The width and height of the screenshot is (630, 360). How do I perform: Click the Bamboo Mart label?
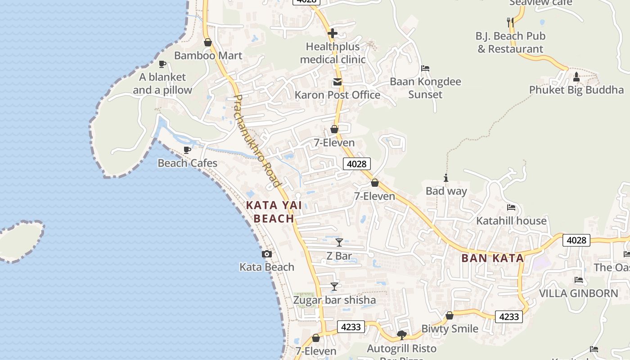(208, 56)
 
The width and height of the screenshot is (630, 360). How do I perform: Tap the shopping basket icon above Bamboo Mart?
(208, 43)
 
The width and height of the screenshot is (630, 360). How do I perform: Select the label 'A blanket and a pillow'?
(162, 84)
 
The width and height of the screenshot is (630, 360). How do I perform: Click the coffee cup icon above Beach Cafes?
(187, 150)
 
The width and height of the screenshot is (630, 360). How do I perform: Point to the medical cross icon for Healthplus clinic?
(333, 33)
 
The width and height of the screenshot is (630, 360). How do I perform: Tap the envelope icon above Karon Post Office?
(337, 82)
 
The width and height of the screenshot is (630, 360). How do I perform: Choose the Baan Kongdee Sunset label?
(425, 88)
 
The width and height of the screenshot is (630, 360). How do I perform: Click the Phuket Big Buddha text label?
(576, 90)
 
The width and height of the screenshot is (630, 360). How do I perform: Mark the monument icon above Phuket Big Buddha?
(576, 77)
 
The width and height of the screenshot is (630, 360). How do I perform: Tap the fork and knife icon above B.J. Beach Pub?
(510, 22)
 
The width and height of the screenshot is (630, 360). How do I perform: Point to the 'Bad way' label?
(446, 191)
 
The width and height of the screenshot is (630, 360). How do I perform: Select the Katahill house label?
(511, 221)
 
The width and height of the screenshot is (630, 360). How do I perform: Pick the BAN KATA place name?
(493, 258)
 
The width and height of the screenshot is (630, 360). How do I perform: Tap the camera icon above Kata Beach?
(267, 254)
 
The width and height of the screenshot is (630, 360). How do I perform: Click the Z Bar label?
(339, 256)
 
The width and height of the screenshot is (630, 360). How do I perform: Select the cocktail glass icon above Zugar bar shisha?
(334, 287)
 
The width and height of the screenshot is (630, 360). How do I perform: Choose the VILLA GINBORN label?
(579, 293)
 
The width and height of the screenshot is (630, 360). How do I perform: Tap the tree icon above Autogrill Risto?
(402, 335)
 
